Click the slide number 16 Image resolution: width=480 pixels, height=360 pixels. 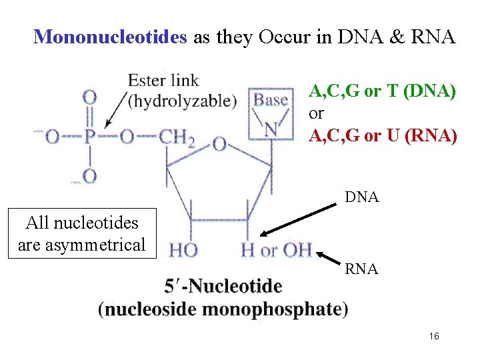tap(434, 337)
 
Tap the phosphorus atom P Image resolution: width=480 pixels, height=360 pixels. tap(89, 138)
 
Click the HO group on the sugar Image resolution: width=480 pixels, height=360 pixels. tap(183, 251)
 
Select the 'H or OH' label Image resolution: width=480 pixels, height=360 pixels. tap(276, 251)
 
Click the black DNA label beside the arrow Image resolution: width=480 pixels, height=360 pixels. tap(362, 197)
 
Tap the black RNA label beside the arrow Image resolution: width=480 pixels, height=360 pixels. tap(362, 269)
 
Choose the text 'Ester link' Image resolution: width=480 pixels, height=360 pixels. tap(163, 81)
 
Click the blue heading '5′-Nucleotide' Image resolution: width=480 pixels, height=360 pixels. tap(223, 287)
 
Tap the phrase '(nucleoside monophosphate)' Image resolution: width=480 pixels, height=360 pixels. tap(223, 309)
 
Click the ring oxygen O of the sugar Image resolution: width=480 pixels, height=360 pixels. tap(219, 143)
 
